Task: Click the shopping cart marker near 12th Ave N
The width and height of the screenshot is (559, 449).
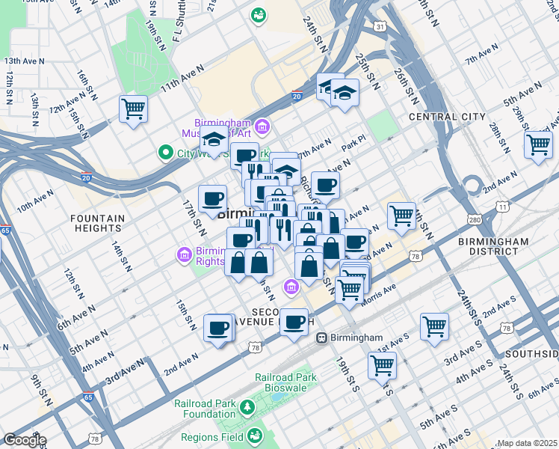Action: tap(133, 109)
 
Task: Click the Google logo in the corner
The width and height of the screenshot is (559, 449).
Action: tap(24, 440)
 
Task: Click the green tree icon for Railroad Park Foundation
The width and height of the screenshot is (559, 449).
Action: tap(247, 408)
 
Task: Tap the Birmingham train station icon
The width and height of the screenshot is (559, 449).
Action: tap(321, 337)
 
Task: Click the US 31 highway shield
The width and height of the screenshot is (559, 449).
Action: tap(380, 27)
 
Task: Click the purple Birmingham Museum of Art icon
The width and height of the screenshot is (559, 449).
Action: tap(262, 125)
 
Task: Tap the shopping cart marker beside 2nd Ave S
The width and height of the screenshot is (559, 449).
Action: tap(434, 326)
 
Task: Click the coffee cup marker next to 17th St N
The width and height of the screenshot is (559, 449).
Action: tap(213, 198)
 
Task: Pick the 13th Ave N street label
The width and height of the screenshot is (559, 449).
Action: tap(22, 61)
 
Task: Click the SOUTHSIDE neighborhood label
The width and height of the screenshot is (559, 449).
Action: tap(531, 353)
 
